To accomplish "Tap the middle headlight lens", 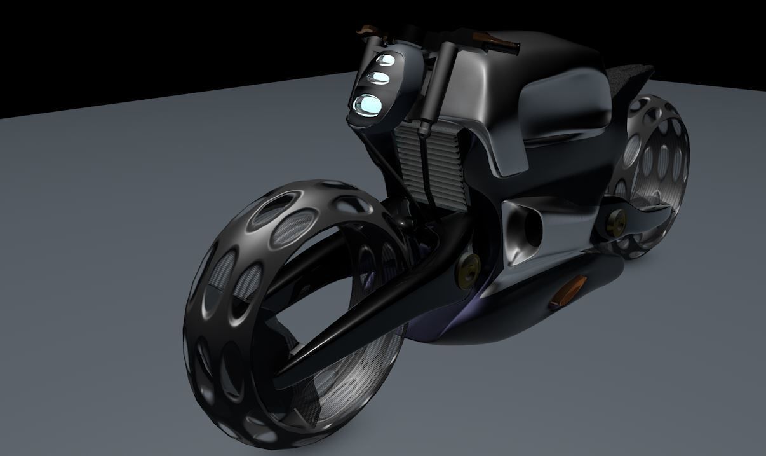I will (379, 78).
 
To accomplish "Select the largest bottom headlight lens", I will (367, 104).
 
